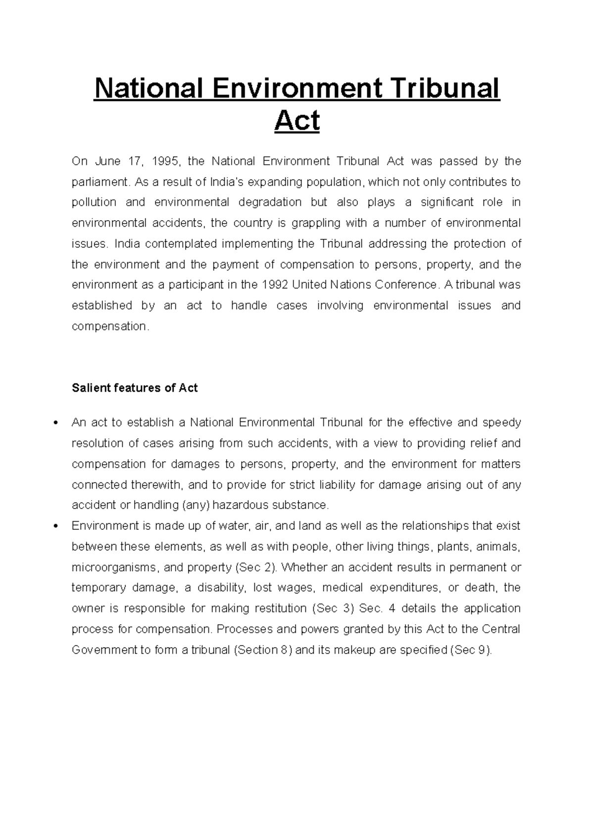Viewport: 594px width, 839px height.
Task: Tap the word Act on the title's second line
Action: (x=297, y=121)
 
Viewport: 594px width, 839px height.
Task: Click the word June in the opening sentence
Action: (x=107, y=161)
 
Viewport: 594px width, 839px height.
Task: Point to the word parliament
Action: (x=100, y=182)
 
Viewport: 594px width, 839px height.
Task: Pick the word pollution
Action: (x=94, y=202)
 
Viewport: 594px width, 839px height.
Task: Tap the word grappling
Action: (x=316, y=223)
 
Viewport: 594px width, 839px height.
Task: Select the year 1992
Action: (x=275, y=285)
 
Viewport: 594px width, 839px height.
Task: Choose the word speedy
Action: (x=501, y=422)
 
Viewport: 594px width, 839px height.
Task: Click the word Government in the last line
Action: (x=100, y=650)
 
